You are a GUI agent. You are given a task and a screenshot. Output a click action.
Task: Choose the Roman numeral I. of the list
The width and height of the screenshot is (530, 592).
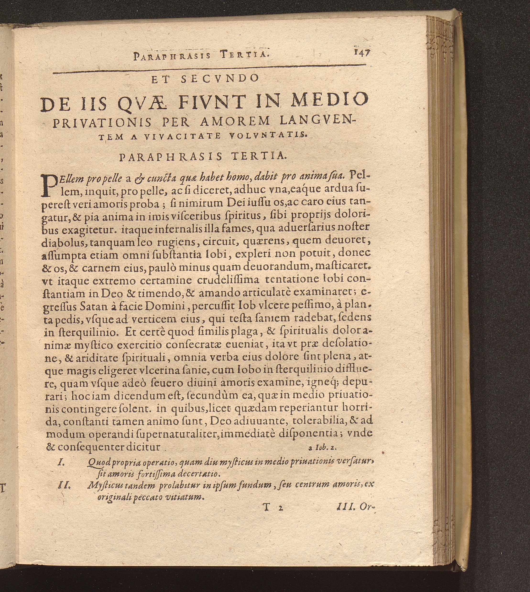[x=61, y=463]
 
